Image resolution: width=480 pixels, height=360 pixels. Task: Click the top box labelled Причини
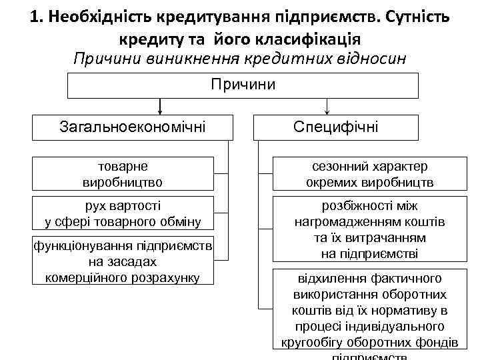[243, 85]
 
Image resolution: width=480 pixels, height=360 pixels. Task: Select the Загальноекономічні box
[133, 126]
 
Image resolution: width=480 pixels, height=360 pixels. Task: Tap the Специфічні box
[336, 126]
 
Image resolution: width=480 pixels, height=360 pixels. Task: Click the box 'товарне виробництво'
[122, 173]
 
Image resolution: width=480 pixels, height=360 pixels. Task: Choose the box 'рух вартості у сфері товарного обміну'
[122, 213]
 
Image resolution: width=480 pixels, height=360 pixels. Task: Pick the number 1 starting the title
[35, 17]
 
